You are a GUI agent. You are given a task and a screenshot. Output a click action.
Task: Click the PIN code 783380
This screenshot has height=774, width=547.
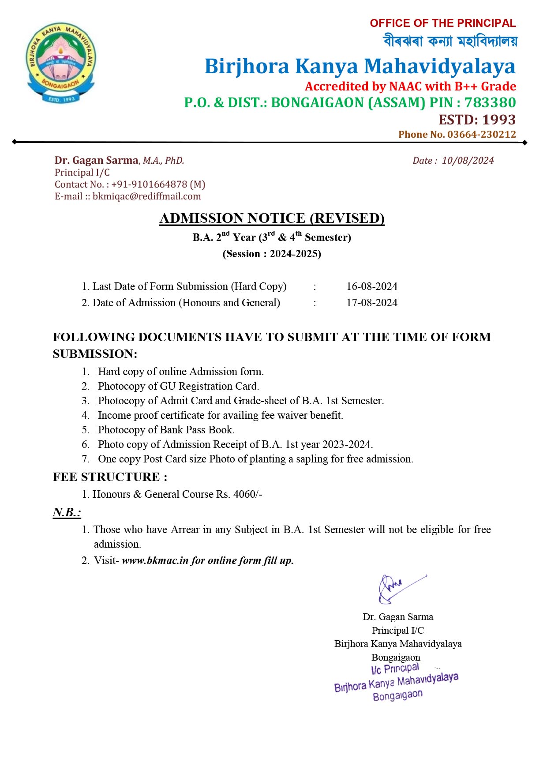[490, 103]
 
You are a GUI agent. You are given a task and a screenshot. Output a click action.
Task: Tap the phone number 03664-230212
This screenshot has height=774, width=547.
[481, 135]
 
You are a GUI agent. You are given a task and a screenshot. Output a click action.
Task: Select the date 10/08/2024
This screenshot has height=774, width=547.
[468, 161]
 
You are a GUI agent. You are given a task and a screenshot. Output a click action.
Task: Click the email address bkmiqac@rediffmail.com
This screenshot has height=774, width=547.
[146, 196]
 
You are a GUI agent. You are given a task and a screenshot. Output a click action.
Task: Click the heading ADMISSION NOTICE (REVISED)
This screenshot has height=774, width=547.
[272, 218]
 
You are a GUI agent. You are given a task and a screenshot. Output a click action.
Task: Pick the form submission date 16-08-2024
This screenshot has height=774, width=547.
[371, 286]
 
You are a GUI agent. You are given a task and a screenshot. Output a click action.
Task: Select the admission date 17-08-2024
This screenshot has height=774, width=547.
[371, 303]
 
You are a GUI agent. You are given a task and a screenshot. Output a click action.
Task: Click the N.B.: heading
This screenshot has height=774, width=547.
[67, 512]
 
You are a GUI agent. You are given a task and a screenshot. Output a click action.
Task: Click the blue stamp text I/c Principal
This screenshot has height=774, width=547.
[395, 669]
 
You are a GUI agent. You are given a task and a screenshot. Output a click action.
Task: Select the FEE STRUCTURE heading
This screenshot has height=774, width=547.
[110, 477]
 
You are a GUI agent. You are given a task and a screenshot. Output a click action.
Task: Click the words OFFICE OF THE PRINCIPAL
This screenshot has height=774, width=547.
[442, 23]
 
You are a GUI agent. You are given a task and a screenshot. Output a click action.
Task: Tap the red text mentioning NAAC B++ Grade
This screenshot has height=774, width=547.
[410, 86]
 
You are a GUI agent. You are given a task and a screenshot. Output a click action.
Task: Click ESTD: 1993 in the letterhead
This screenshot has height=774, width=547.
[477, 120]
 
